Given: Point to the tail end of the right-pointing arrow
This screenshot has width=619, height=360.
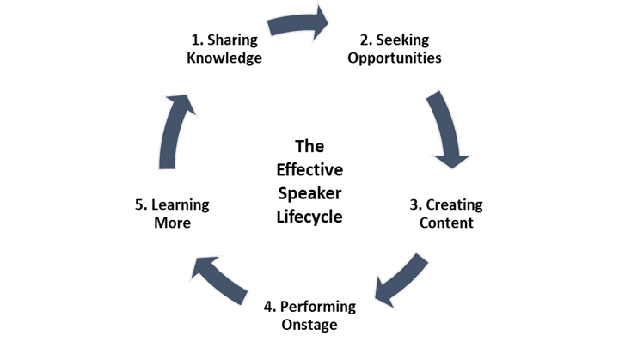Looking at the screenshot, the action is tap(271, 27).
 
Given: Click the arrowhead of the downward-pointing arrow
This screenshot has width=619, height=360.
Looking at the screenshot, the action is tap(451, 159).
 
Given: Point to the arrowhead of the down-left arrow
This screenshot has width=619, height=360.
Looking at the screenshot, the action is tap(383, 293).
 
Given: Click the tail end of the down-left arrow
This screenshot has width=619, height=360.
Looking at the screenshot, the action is tap(421, 259).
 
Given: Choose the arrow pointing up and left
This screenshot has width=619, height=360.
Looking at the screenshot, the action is tap(218, 278).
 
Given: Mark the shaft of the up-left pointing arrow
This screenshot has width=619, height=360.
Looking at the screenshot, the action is tap(225, 284).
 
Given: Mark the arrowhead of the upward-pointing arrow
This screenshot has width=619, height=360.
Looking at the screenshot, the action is tap(182, 103).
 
